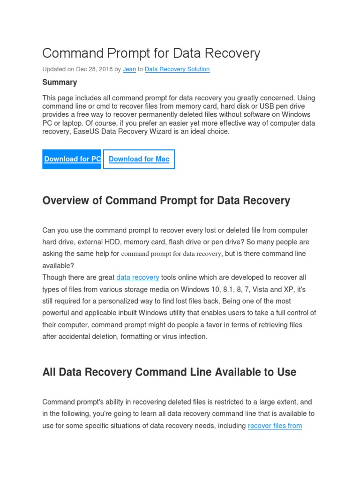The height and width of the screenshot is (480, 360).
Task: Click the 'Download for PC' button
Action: tap(72, 159)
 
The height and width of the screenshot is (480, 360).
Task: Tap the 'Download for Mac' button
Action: tap(139, 159)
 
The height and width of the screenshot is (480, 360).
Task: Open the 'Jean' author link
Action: tap(129, 69)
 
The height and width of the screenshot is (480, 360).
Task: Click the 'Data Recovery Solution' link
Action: tap(177, 69)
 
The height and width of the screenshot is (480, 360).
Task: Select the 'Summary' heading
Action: tap(60, 82)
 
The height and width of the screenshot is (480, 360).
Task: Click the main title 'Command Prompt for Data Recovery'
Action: tap(151, 53)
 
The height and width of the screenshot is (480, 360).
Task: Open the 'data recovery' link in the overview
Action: tap(138, 277)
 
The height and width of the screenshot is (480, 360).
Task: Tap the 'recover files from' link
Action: tap(275, 426)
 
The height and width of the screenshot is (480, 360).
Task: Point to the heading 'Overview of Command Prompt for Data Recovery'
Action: tap(166, 201)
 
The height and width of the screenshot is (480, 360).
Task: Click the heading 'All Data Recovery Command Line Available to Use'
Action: tap(169, 373)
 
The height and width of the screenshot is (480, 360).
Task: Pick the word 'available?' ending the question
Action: tap(58, 265)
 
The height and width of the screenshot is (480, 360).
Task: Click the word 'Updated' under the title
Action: tap(54, 69)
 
